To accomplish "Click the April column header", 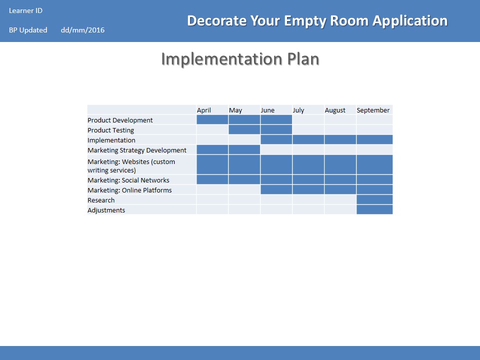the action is [x=204, y=110].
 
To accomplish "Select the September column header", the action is [x=373, y=110].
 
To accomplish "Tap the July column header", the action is [x=298, y=110].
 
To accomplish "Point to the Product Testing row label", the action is [x=111, y=130].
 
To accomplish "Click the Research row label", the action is [x=101, y=200].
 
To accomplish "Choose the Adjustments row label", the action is [x=106, y=210].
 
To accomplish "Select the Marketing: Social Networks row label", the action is [x=128, y=180].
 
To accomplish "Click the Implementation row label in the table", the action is [x=111, y=140].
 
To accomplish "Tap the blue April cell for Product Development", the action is [x=212, y=119].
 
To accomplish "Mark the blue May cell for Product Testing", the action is [x=244, y=129].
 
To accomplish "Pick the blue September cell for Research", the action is [x=374, y=199].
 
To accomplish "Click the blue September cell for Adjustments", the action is [x=374, y=209].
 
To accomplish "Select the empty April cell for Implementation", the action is [x=212, y=139].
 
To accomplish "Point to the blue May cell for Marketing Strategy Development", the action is [x=244, y=149].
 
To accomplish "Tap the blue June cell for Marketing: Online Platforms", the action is [x=276, y=189].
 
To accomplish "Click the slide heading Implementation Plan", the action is [x=240, y=59].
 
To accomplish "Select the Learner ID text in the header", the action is [x=25, y=10].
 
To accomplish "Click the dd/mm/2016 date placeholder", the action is [x=82, y=30].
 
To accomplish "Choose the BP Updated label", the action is [x=28, y=30].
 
